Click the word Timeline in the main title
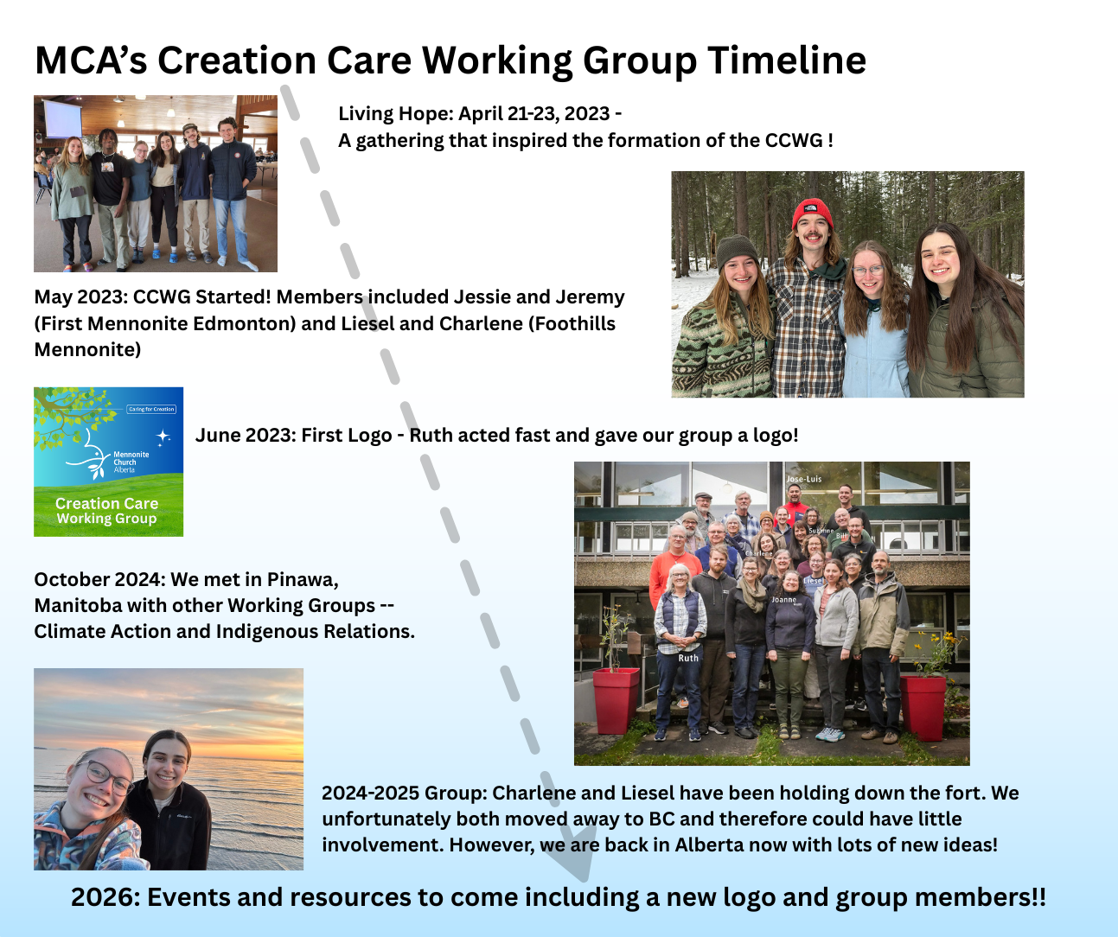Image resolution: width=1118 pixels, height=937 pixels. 787,60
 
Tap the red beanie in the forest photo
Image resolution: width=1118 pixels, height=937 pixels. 813,214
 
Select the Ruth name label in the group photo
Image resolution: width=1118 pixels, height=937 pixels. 688,658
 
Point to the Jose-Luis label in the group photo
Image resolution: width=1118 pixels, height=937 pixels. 803,479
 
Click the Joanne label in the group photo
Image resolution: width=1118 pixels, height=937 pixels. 784,600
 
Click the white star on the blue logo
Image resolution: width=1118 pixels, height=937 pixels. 163,437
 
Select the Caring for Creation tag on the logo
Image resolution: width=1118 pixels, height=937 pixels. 151,409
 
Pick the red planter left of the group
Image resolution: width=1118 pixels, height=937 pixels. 616,700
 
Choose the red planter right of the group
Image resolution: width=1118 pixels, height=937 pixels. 923,708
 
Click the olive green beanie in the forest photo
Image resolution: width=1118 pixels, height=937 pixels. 737,252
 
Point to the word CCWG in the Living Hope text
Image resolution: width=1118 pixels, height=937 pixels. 794,140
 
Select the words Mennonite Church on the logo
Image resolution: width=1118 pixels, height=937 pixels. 131,458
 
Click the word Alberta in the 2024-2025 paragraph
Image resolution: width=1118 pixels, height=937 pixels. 710,845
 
